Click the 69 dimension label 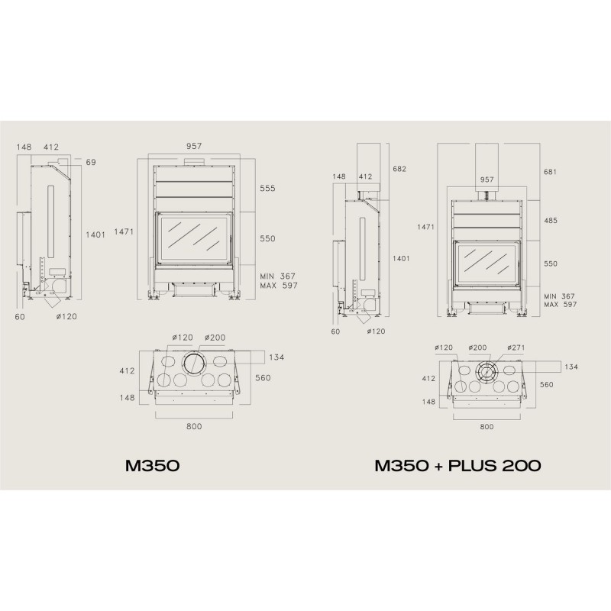click(91, 162)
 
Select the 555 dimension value click(268, 188)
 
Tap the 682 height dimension click(399, 169)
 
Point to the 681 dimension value click(550, 172)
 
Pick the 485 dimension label click(551, 221)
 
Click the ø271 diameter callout click(516, 348)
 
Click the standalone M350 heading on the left click(152, 466)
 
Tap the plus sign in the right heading click(438, 466)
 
